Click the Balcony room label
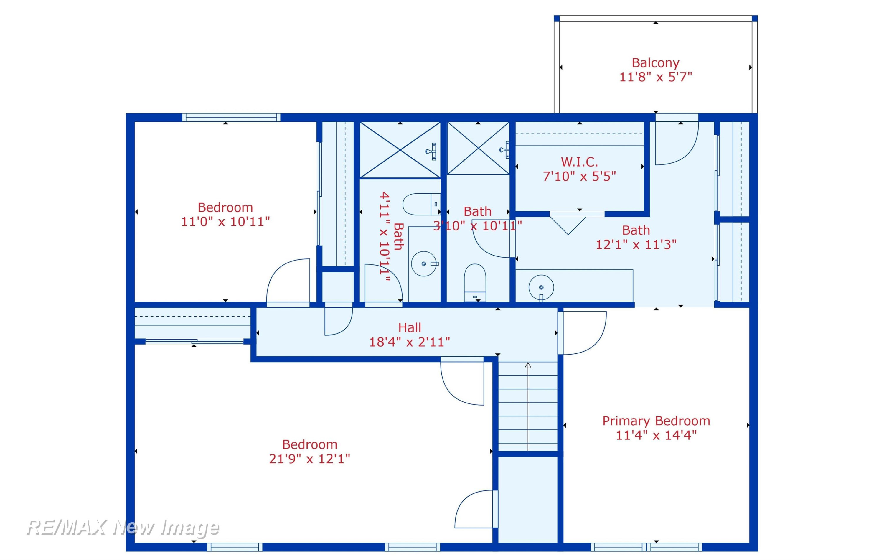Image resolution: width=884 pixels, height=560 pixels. [655, 63]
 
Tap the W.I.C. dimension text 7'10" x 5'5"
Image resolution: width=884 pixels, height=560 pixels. [579, 176]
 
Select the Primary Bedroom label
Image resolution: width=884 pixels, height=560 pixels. [656, 421]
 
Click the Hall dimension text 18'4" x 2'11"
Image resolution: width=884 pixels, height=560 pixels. [409, 342]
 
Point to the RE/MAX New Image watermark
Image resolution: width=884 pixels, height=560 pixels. [123, 528]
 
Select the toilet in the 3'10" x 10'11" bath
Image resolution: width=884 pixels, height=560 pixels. [475, 282]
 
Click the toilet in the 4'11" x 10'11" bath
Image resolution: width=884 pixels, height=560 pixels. [421, 204]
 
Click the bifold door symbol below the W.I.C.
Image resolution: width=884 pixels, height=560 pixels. [568, 224]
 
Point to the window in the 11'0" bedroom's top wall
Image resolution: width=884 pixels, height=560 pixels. [231, 118]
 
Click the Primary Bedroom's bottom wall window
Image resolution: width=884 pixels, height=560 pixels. [646, 547]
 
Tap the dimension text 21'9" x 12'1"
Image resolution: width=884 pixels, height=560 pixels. [309, 459]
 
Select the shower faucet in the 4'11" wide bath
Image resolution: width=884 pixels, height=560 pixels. [431, 151]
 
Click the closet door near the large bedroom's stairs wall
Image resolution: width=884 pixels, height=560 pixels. [476, 509]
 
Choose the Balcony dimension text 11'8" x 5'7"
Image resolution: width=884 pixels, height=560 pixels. [656, 77]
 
